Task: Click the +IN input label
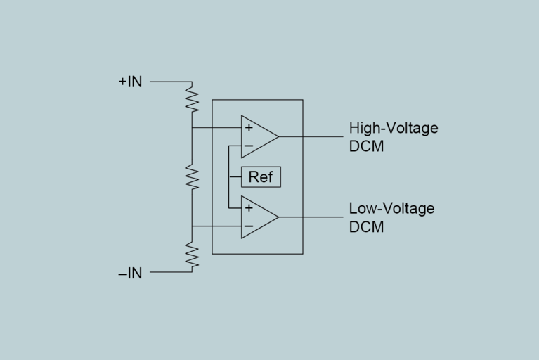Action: [x=130, y=82]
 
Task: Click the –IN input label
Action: [x=130, y=274]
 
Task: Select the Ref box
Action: [x=261, y=177]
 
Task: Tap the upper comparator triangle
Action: [x=257, y=136]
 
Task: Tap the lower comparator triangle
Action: [x=257, y=217]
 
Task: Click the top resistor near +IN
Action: [x=192, y=98]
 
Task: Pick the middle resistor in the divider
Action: [x=192, y=176]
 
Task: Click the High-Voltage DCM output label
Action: [x=393, y=137]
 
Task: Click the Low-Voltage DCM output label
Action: [x=391, y=217]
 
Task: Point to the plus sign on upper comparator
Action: [x=248, y=128]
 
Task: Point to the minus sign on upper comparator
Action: [x=248, y=146]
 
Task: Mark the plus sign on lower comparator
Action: [x=248, y=208]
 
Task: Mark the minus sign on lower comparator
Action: [x=248, y=226]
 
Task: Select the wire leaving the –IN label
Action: [x=169, y=271]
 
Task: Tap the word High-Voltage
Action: [x=393, y=128]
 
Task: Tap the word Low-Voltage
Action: [x=391, y=208]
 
